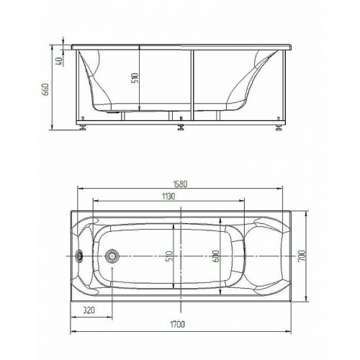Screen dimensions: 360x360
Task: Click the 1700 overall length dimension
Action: pyautogui.click(x=178, y=324)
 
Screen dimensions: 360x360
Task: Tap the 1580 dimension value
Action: pyautogui.click(x=180, y=184)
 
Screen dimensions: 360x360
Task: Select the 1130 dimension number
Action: pyautogui.click(x=168, y=196)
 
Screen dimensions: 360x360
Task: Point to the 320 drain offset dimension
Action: pyautogui.click(x=89, y=310)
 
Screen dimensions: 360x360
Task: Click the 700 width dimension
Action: pyautogui.click(x=301, y=256)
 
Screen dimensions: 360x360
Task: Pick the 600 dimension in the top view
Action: pyautogui.click(x=216, y=256)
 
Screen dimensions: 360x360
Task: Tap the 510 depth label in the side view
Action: pyautogui.click(x=135, y=78)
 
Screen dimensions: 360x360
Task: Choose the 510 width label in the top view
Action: pyautogui.click(x=169, y=256)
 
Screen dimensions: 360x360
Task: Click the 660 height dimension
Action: pyautogui.click(x=45, y=89)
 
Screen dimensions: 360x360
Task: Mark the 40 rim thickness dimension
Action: pyautogui.click(x=59, y=61)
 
